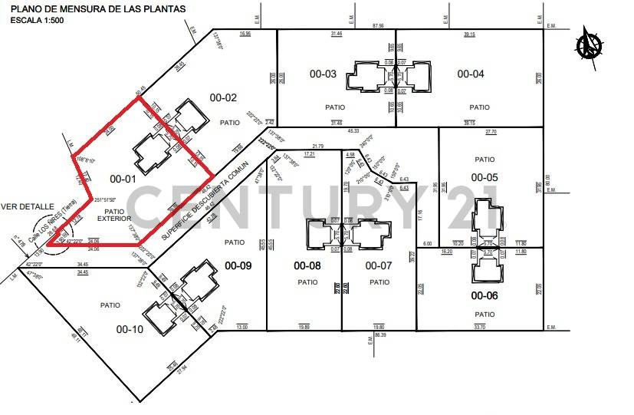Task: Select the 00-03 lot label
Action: tap(323, 74)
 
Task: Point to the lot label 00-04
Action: tap(471, 74)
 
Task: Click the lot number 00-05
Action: tap(485, 177)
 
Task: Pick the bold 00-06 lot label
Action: tap(485, 295)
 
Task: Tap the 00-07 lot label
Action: tap(379, 266)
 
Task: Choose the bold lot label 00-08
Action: tap(307, 266)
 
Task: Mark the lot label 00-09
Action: tap(237, 266)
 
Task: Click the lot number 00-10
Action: tap(129, 329)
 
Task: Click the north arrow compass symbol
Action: tap(590, 42)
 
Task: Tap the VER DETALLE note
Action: tap(28, 206)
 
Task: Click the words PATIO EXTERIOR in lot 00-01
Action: tap(114, 216)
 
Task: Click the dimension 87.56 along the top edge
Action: tap(377, 25)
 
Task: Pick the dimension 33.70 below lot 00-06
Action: tap(481, 328)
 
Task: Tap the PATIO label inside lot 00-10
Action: tap(110, 305)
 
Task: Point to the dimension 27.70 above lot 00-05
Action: tap(491, 132)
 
